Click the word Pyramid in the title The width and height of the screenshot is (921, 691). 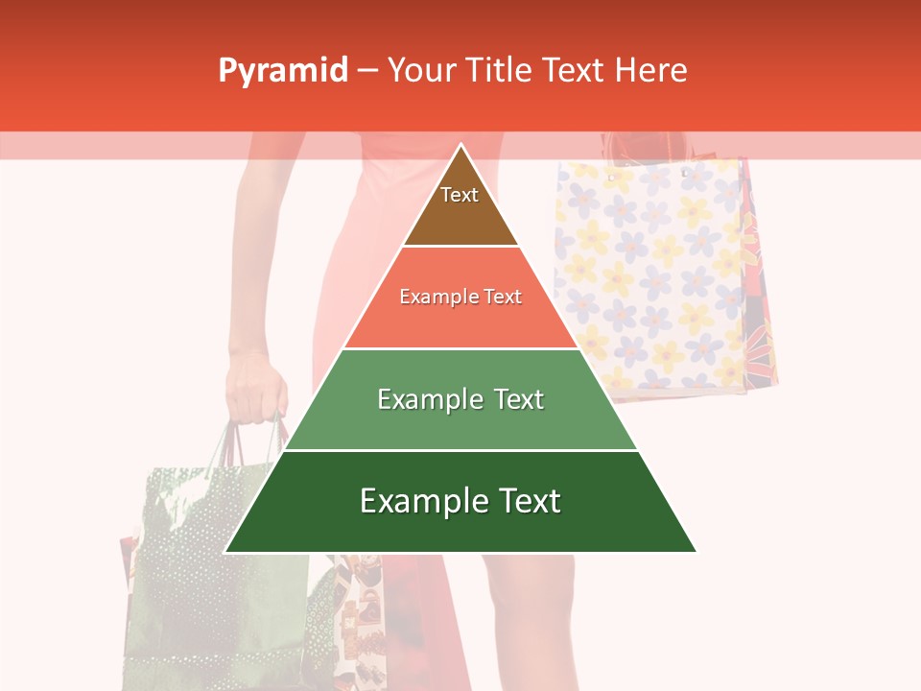pyautogui.click(x=282, y=71)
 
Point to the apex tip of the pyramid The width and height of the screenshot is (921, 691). pyautogui.click(x=460, y=146)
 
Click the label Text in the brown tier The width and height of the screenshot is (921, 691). pyautogui.click(x=460, y=195)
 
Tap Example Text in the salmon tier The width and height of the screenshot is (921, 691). pyautogui.click(x=460, y=297)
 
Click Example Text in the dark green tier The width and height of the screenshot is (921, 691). pyautogui.click(x=460, y=501)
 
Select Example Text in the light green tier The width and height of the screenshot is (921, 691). pyautogui.click(x=460, y=399)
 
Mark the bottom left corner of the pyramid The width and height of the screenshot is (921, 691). pyautogui.click(x=225, y=552)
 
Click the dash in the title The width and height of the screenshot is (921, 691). pyautogui.click(x=367, y=71)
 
